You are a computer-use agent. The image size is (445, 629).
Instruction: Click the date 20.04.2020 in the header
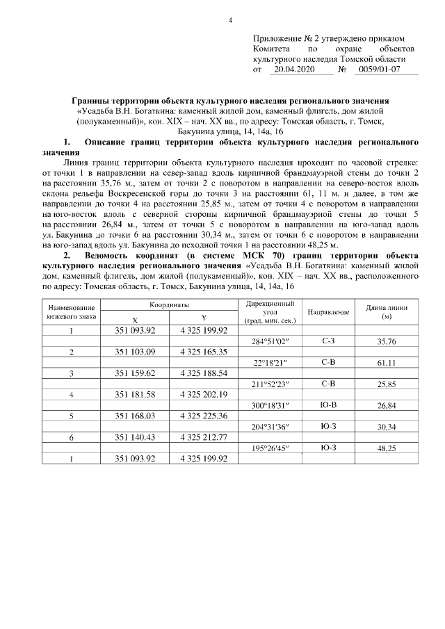tap(295, 70)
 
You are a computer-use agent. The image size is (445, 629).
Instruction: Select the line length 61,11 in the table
tap(387, 363)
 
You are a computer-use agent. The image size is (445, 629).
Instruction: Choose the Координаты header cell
tap(169, 306)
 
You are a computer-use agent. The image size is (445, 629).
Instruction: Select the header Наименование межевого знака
tap(72, 312)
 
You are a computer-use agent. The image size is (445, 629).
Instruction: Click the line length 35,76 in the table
tap(387, 342)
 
